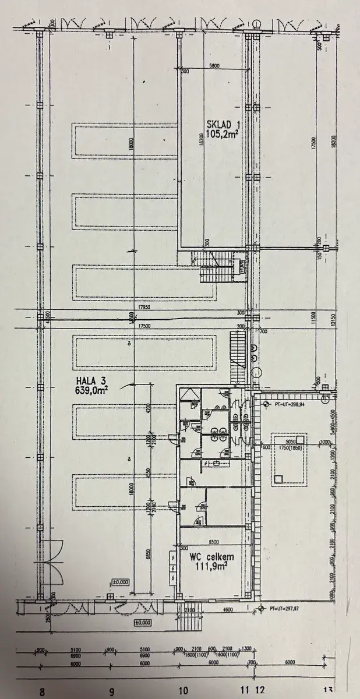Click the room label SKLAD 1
click(x=223, y=124)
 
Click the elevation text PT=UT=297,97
click(x=285, y=609)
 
